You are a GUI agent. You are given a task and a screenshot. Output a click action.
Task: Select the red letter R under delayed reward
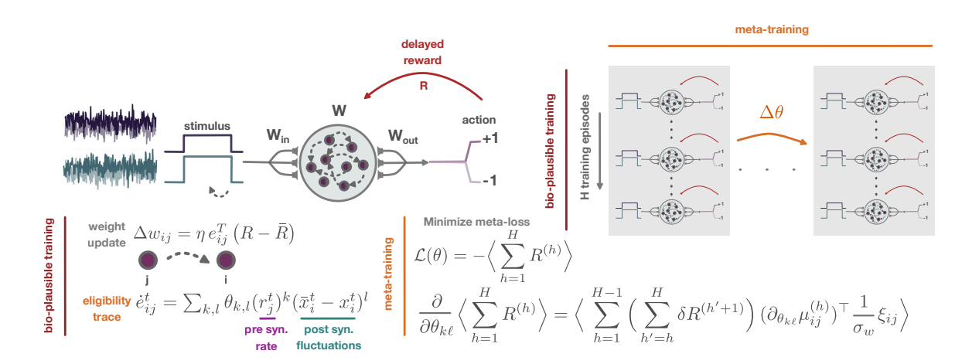[423, 87]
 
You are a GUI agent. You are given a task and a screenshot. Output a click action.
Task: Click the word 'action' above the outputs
[479, 120]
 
